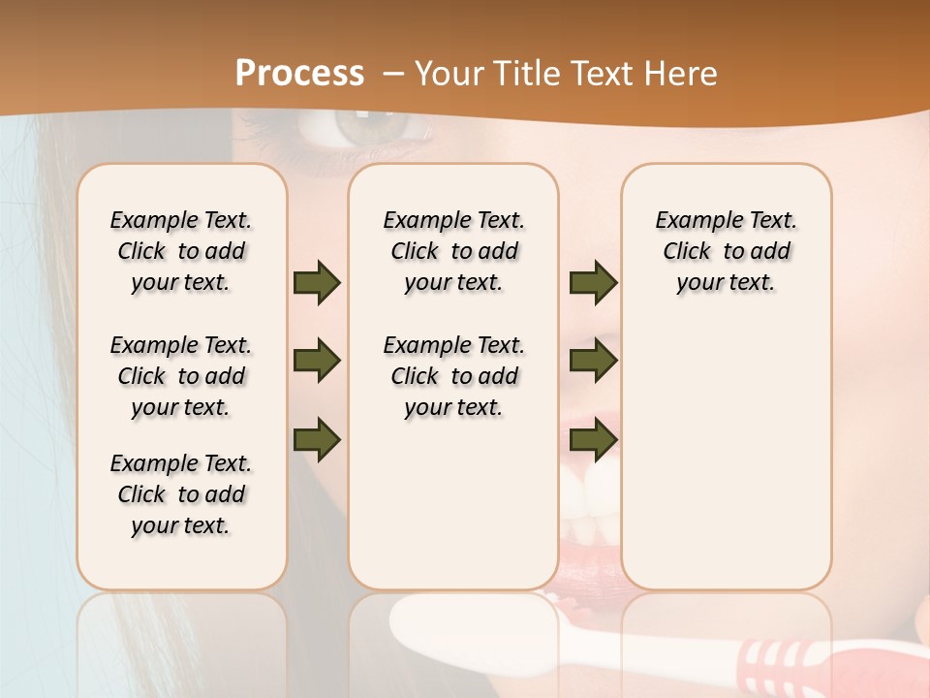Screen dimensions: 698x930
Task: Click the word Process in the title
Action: pos(299,74)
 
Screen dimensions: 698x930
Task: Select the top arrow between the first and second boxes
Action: pos(317,282)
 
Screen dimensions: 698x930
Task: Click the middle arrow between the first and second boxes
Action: pos(317,361)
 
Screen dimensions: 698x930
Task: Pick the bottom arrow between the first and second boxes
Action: pos(317,439)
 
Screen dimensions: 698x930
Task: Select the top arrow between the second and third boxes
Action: pos(593,282)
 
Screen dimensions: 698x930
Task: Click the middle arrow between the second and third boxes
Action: pos(593,361)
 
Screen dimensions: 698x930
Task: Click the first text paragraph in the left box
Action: pos(181,251)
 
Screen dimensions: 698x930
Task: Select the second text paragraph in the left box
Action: pos(181,376)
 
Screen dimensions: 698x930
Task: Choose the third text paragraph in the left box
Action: pos(181,494)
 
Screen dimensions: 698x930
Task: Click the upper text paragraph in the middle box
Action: pos(453,251)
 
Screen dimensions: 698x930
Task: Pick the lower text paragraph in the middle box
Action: pos(453,376)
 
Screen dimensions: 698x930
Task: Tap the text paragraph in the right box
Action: pos(726,251)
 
